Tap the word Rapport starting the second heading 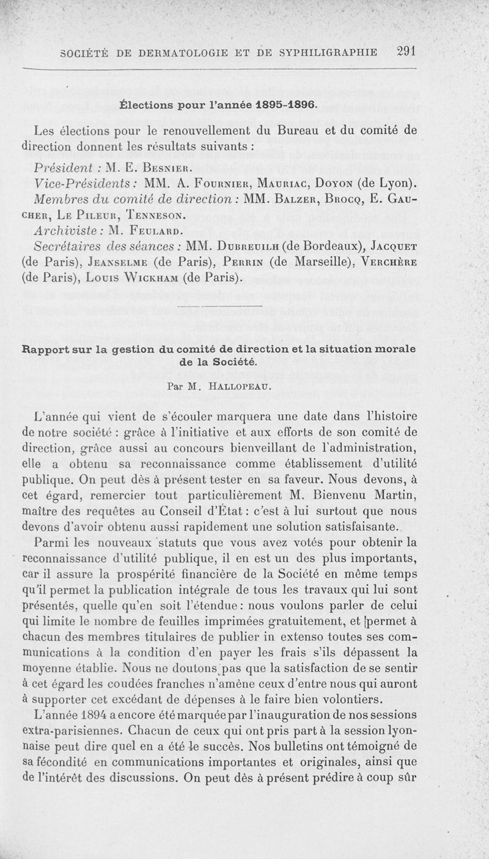[x=46, y=350]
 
